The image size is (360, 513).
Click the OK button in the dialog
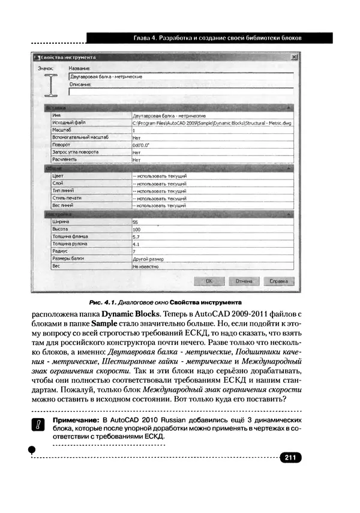click(x=209, y=280)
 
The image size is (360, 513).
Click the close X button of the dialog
click(x=293, y=58)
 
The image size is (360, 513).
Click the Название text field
click(x=180, y=77)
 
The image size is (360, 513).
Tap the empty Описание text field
click(x=180, y=92)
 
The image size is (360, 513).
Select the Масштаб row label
click(x=63, y=130)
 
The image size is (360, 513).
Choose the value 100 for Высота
click(x=137, y=229)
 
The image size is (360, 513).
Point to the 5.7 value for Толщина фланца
click(x=137, y=237)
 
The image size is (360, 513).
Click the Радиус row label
click(x=61, y=251)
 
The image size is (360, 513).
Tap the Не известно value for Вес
click(x=145, y=266)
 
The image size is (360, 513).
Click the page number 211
click(x=290, y=458)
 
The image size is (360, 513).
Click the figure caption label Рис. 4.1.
click(x=102, y=301)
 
